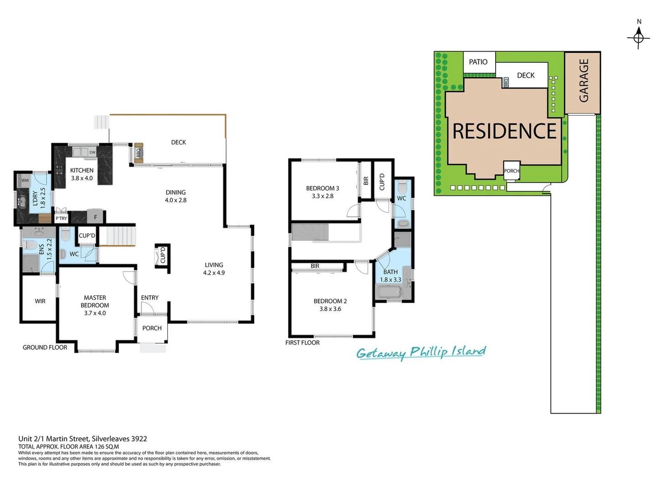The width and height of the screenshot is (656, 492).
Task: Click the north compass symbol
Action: pos(638,37)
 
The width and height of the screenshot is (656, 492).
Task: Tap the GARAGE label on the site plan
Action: pos(584,80)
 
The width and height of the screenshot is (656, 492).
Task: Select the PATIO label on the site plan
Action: pos(478,62)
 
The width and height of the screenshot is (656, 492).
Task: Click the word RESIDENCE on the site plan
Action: pos(504,131)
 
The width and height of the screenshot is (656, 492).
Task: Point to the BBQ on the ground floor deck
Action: pos(138,153)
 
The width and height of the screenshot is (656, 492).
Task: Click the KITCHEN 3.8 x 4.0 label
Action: pos(82,174)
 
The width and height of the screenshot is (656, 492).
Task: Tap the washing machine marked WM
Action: pos(25,180)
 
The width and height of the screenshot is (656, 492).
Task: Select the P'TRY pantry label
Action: pos(61,219)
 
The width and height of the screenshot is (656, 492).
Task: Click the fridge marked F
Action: pos(96,217)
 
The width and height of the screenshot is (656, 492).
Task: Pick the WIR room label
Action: pos(40,301)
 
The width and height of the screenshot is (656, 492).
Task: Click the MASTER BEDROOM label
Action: pos(95,305)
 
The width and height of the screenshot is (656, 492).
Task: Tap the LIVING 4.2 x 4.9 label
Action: pos(214,269)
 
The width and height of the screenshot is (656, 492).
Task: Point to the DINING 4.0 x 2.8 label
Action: pos(175,196)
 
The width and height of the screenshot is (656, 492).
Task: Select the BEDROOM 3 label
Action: pos(323,192)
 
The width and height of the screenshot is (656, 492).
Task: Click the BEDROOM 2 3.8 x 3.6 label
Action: pos(330,305)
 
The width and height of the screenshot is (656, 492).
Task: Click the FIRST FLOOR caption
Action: pos(302,343)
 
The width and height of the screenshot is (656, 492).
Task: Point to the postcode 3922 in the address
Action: pos(139,439)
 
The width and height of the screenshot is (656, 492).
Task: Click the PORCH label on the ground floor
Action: pos(152,328)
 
